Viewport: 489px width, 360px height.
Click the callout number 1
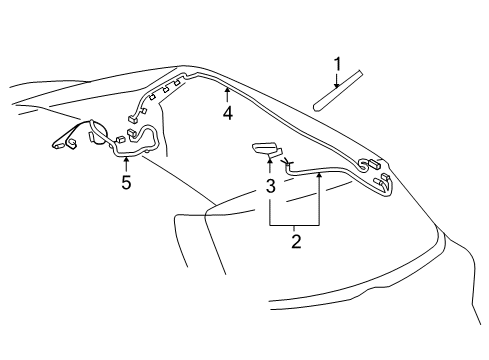[x=337, y=65]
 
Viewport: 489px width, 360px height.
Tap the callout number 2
[x=295, y=241]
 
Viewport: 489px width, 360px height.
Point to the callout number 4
[x=228, y=113]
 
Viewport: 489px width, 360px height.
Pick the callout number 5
[x=126, y=183]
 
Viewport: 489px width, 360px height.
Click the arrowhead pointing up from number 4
[x=228, y=91]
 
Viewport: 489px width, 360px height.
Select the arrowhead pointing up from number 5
[x=126, y=161]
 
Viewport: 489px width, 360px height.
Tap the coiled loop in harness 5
[x=98, y=133]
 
